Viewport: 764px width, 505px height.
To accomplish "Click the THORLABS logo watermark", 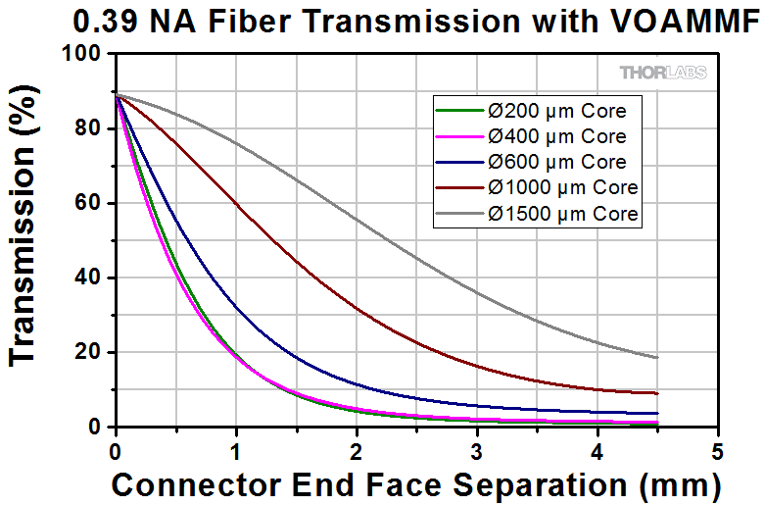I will click(x=662, y=73).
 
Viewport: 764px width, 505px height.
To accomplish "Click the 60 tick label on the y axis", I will click(x=90, y=203).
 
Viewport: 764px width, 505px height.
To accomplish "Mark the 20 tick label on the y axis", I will click(x=90, y=352).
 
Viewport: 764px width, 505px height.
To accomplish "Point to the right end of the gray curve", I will click(x=657, y=357).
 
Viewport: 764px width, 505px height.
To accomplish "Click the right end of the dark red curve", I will click(x=657, y=392).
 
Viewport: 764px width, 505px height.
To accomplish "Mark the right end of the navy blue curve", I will click(x=657, y=413).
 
